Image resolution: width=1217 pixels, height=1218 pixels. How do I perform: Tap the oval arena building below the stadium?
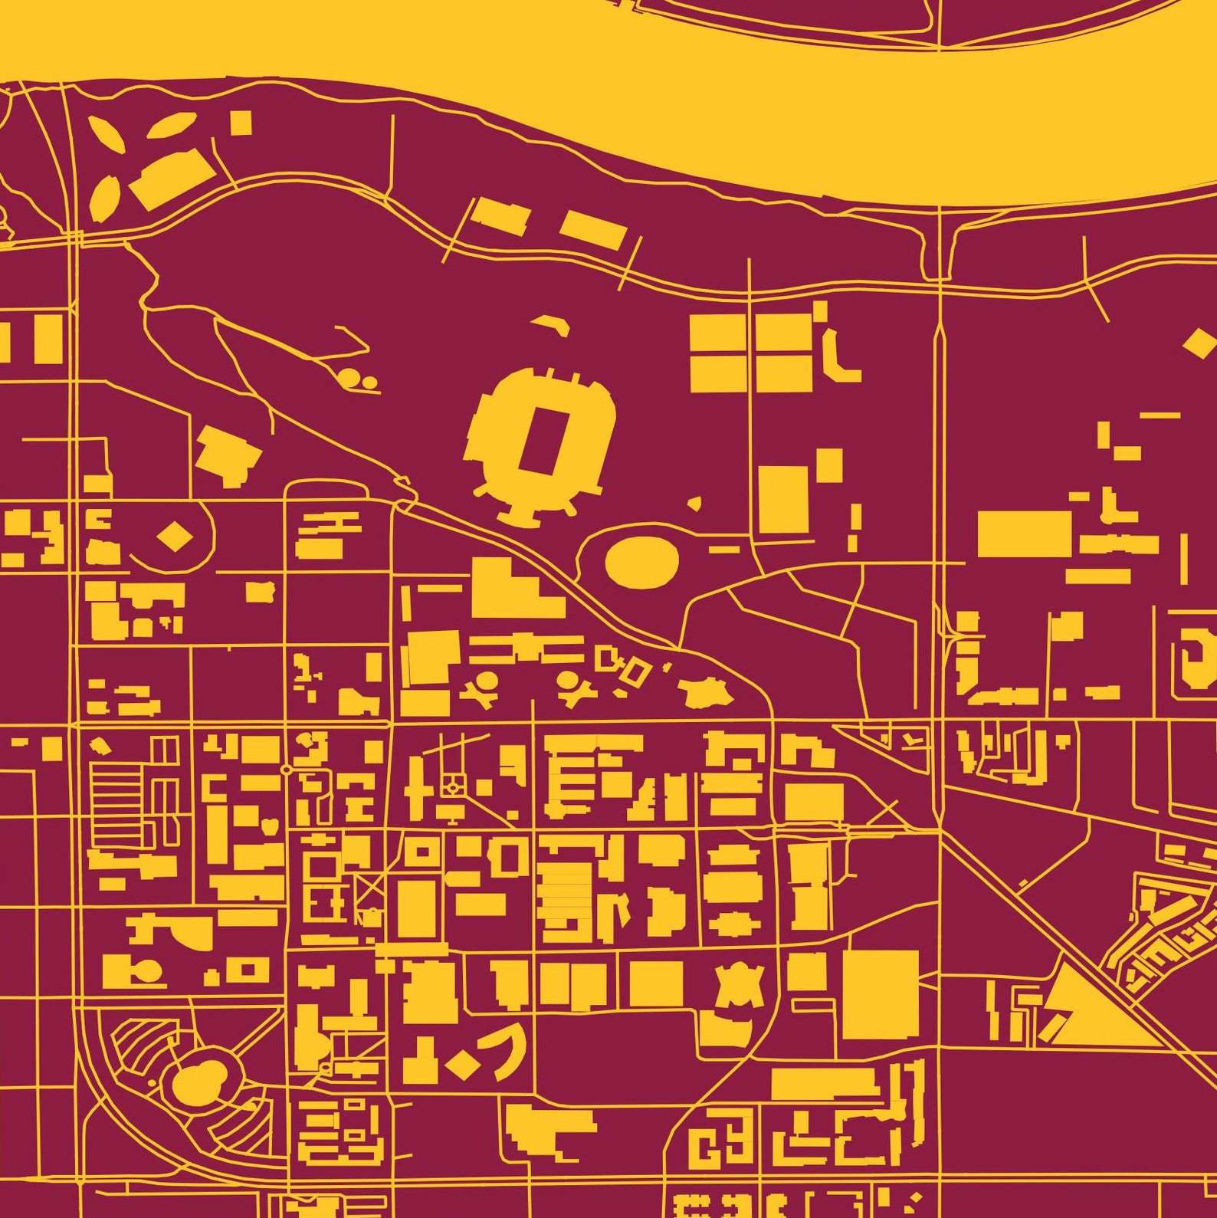(641, 562)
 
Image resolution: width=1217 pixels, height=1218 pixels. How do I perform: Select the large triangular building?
(1088, 1010)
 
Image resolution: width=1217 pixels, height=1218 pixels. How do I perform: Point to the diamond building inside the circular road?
(175, 536)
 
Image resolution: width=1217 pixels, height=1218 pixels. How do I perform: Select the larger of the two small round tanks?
(349, 377)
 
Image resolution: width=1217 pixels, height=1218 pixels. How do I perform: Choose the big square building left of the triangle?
(881, 994)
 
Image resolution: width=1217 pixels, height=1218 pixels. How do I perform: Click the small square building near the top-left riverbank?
(241, 123)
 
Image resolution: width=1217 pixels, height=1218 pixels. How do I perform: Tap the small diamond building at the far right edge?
(1200, 343)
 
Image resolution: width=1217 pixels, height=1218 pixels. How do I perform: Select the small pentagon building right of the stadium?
(695, 504)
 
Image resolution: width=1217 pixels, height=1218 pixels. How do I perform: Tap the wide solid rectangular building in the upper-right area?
(1024, 533)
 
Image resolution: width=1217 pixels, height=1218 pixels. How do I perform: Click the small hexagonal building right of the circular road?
(260, 591)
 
